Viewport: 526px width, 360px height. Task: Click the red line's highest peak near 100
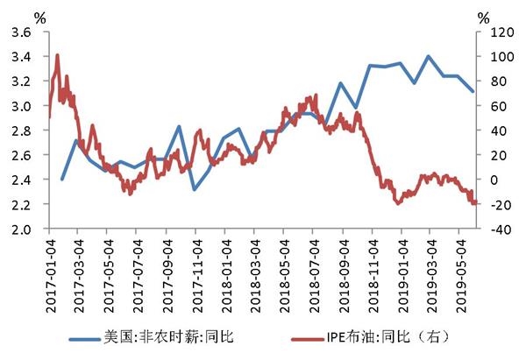click(57, 55)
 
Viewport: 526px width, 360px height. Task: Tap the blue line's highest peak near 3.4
click(429, 56)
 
